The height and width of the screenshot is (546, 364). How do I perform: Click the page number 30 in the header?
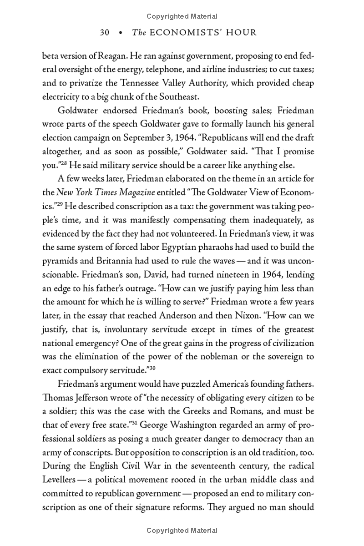105,32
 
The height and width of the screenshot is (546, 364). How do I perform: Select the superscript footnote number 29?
62,204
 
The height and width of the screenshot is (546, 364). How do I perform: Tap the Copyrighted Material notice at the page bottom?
182,531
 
